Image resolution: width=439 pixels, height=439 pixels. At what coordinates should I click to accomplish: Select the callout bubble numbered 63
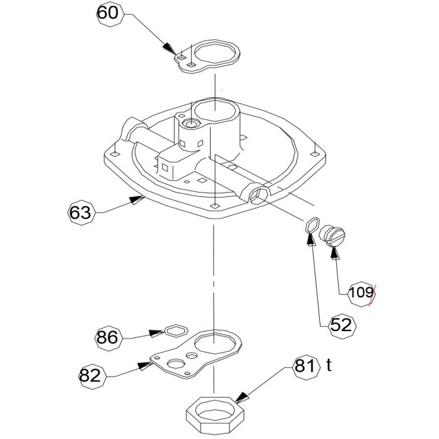tap(80, 213)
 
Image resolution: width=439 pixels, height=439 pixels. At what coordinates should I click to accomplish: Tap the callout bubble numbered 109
tap(361, 292)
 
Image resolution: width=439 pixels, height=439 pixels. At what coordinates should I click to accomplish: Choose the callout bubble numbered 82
tap(90, 375)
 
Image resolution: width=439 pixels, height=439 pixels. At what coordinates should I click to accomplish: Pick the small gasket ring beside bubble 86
tap(174, 329)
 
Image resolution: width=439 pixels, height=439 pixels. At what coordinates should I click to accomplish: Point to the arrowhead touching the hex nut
tap(240, 397)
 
